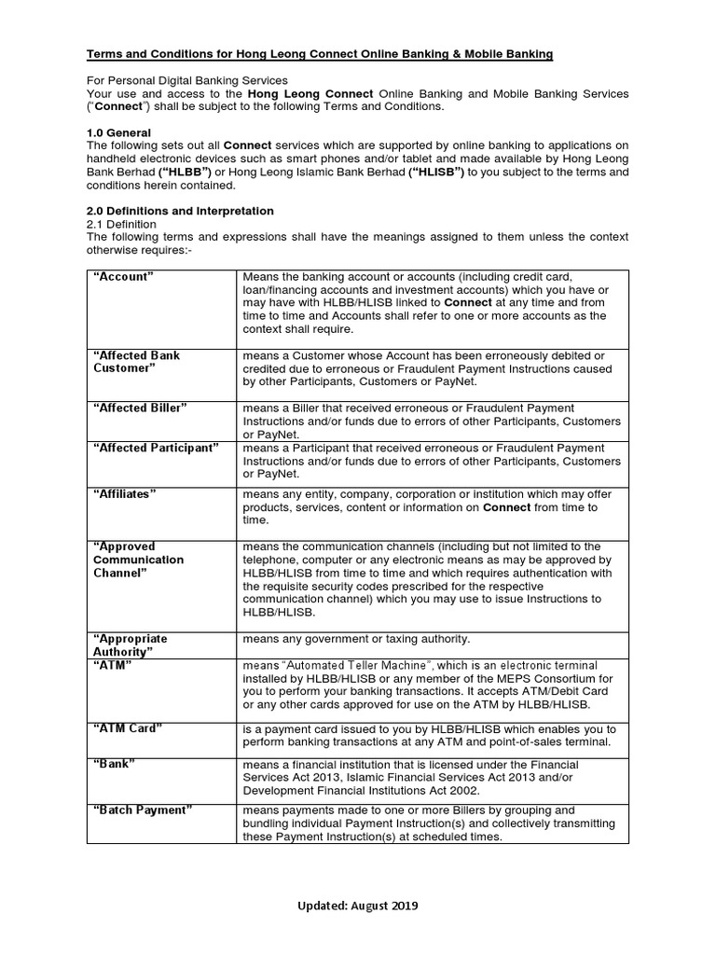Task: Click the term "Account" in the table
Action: click(x=123, y=277)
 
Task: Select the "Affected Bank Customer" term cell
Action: click(x=136, y=362)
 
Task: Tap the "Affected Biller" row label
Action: click(x=140, y=408)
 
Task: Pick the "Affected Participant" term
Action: click(x=156, y=449)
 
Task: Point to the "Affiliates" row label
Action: click(x=125, y=494)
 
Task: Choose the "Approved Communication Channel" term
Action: click(x=138, y=560)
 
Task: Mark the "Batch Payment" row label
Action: click(x=143, y=810)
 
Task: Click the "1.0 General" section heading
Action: click(x=118, y=133)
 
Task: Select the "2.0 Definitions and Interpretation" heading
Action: click(x=180, y=212)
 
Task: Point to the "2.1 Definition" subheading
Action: click(x=122, y=225)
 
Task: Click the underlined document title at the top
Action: click(x=320, y=55)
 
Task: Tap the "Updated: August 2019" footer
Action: click(x=358, y=906)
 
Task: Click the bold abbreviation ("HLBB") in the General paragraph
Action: click(x=186, y=173)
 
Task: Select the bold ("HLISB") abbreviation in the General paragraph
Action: click(x=436, y=173)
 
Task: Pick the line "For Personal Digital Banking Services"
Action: click(x=186, y=81)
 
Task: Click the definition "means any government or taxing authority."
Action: click(x=356, y=639)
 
